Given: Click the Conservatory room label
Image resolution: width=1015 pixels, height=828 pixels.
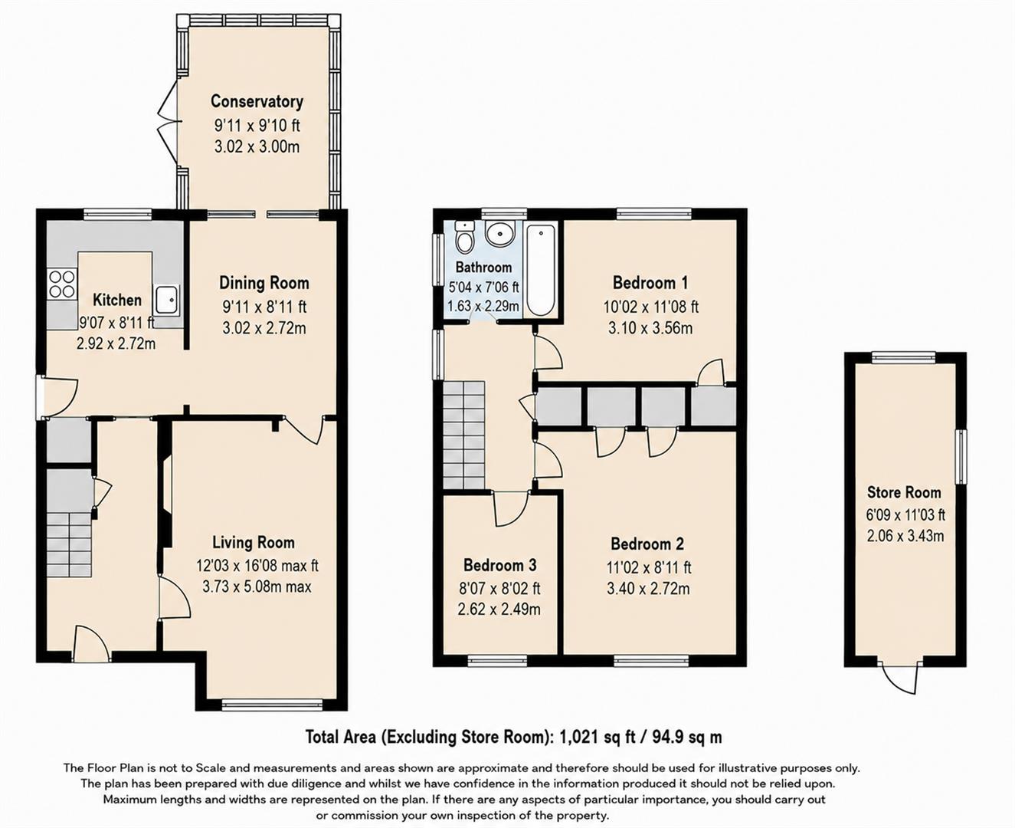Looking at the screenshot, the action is click(257, 101).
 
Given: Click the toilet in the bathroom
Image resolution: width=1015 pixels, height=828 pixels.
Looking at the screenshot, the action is click(463, 237).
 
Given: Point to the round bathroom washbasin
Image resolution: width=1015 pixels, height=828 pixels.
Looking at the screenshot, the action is click(499, 233).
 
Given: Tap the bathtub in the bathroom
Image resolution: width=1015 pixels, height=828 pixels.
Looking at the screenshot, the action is click(541, 270).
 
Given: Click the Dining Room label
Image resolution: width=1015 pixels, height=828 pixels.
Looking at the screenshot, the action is click(264, 283).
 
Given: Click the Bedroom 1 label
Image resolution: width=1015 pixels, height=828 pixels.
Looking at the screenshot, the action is click(650, 283).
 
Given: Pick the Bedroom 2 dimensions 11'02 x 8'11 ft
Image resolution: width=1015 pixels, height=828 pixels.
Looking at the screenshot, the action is click(649, 567).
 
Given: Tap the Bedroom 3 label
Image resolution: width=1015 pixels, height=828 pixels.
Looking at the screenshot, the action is click(500, 565).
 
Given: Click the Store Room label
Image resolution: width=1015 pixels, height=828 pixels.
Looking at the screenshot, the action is click(904, 492).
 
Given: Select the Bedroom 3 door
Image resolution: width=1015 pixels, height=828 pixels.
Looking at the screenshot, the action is click(511, 509).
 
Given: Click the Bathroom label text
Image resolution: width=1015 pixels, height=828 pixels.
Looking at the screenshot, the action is click(483, 267).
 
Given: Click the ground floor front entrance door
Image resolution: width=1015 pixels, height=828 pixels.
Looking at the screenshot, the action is click(91, 644).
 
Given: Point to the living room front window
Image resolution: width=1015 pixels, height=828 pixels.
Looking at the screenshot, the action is click(273, 705).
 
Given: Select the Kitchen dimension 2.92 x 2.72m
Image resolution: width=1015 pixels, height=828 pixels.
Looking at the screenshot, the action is click(116, 343).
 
